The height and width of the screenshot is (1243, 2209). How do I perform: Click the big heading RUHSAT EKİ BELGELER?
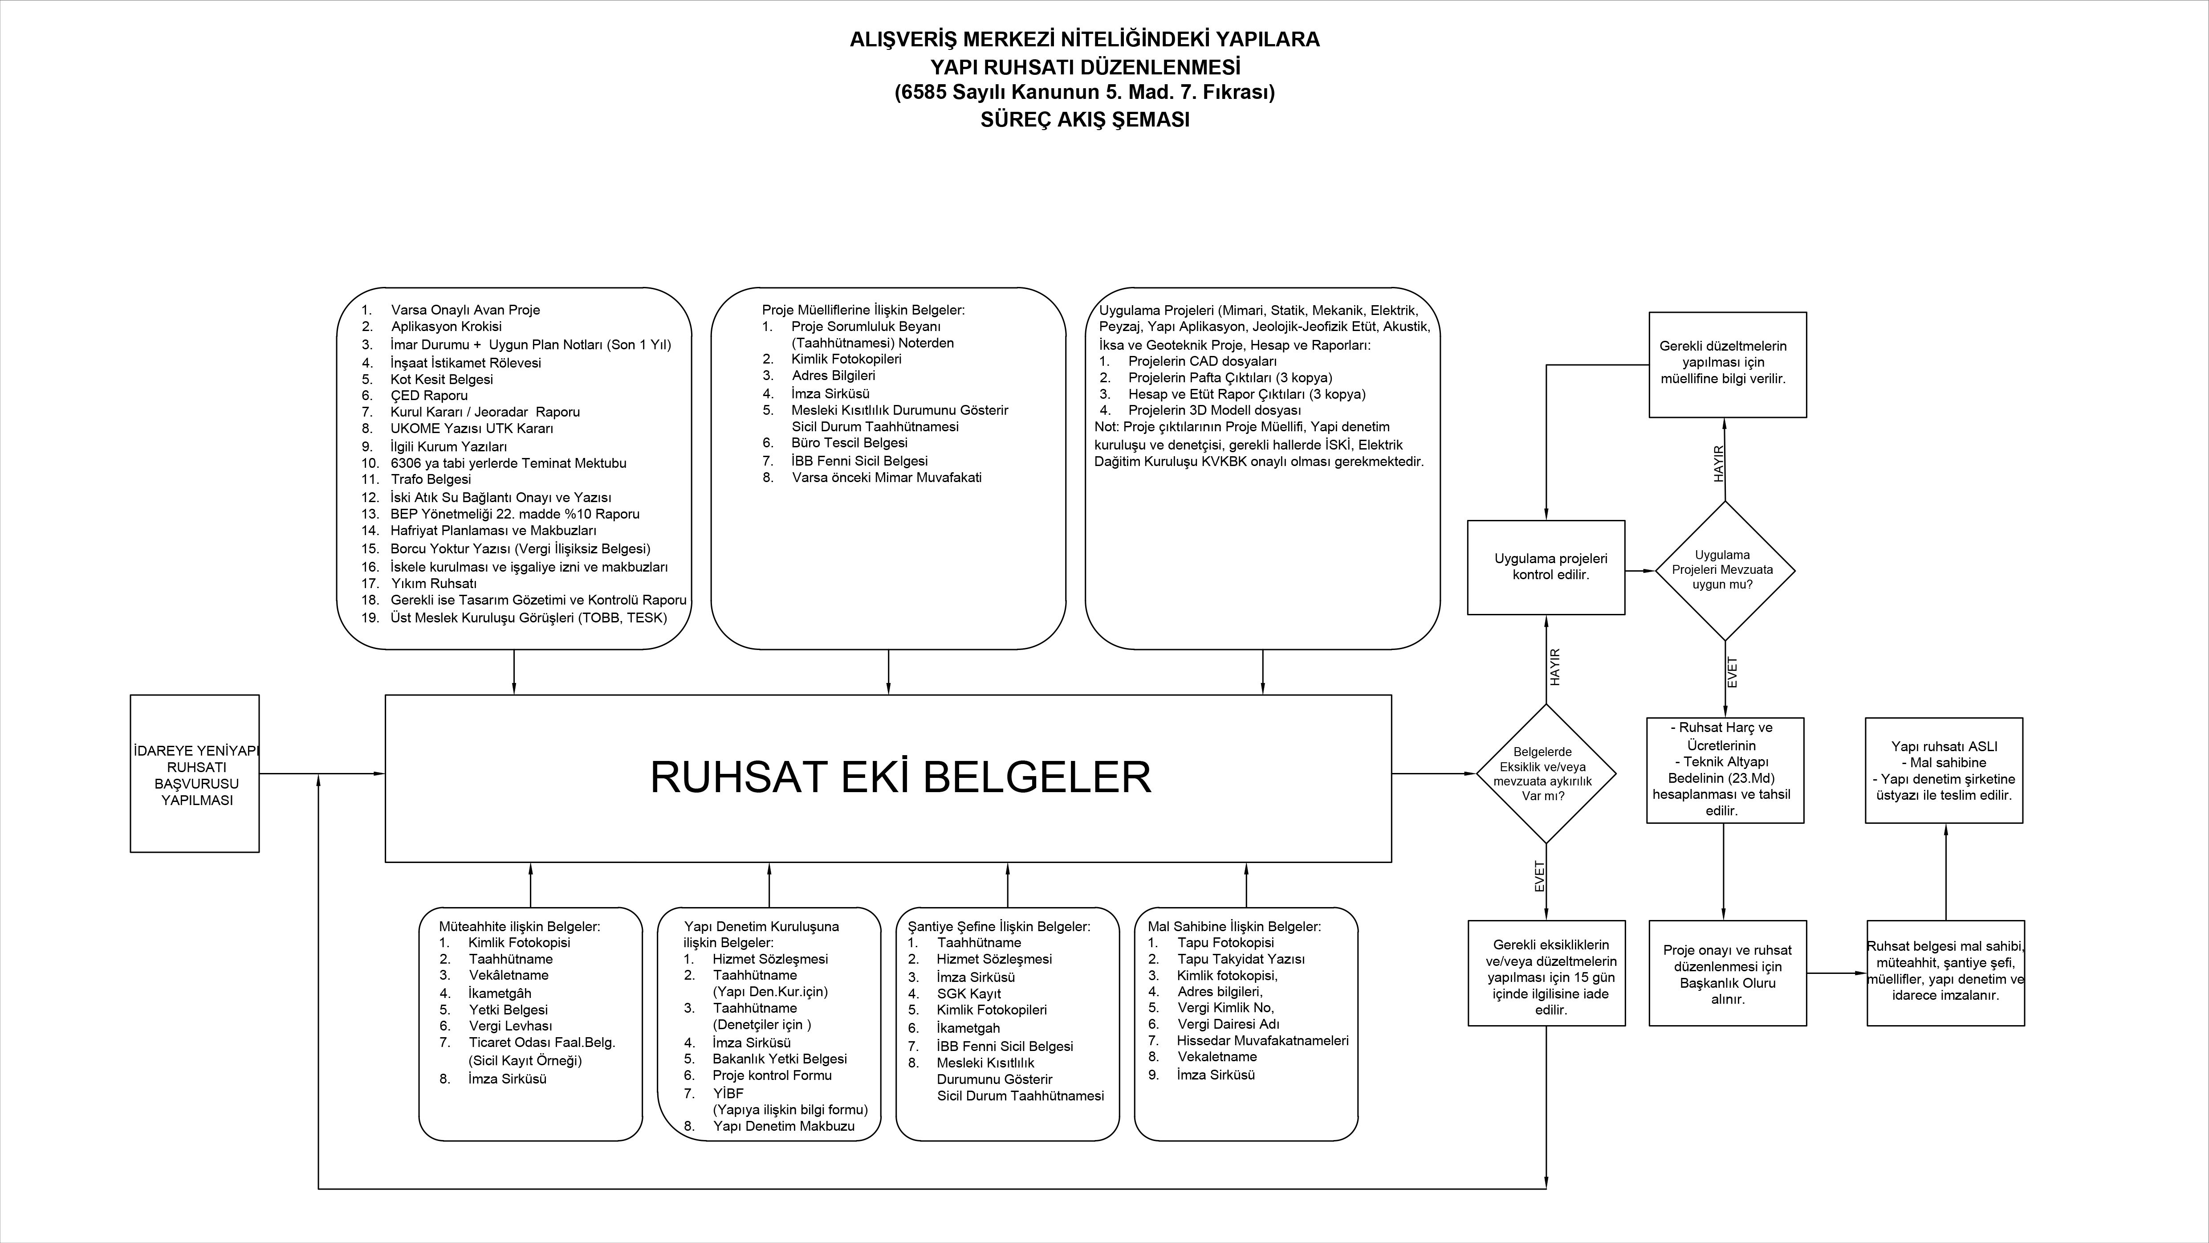[x=900, y=777]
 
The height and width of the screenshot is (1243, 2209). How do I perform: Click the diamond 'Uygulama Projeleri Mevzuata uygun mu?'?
[x=1725, y=570]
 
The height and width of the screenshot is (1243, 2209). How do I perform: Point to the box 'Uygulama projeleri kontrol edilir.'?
[x=1545, y=567]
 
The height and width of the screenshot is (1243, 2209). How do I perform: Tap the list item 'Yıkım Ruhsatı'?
[x=433, y=583]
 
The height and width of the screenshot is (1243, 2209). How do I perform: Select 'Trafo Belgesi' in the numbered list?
[x=431, y=479]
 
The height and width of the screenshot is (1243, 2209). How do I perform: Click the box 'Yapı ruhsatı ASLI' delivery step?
[x=1944, y=770]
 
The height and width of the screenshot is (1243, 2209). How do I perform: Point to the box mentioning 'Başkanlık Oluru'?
[x=1727, y=973]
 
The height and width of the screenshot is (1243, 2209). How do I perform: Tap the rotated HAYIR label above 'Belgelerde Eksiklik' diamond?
[x=1555, y=666]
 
